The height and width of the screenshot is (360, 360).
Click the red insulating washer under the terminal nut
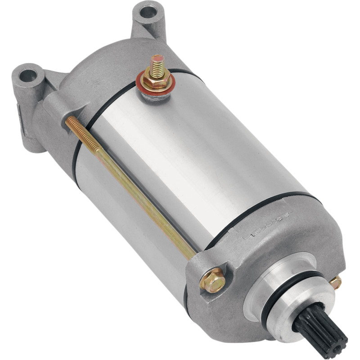(145, 86)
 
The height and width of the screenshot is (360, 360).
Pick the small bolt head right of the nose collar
(335, 283)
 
